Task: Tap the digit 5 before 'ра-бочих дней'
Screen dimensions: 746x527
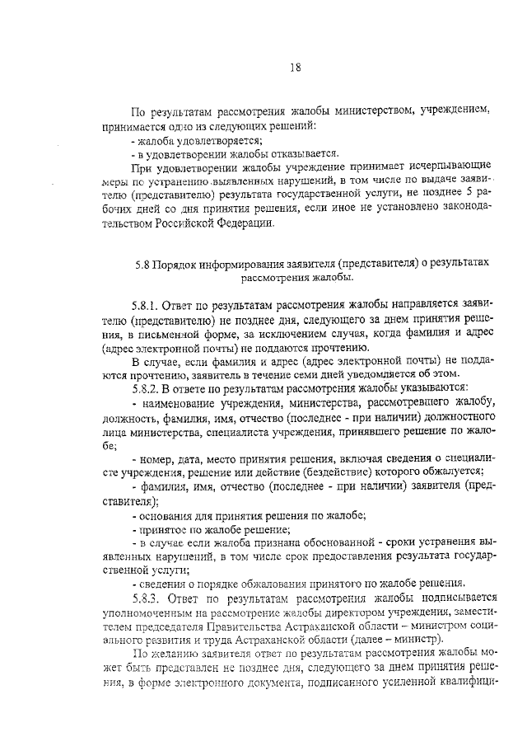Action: pos(467,190)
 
